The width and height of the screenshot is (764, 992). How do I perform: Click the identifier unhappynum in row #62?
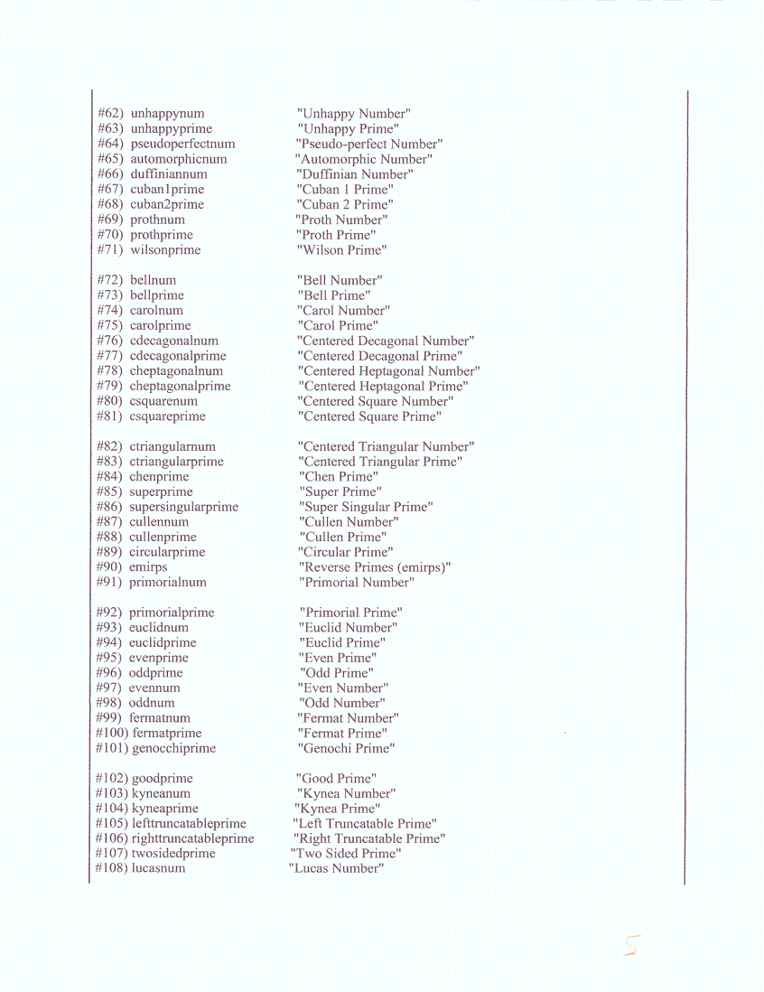click(167, 114)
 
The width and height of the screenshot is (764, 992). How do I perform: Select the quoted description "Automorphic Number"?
click(364, 159)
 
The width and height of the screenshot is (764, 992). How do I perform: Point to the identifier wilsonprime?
click(165, 250)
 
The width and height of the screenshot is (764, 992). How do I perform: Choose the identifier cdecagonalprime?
click(178, 356)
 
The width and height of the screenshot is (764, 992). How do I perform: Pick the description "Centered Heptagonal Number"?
click(388, 371)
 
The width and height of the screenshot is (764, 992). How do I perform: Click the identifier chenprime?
click(159, 477)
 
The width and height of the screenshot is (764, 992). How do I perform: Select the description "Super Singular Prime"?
click(366, 507)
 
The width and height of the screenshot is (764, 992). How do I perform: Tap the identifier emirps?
click(148, 567)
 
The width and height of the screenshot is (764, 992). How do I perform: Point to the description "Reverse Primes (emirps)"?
click(375, 567)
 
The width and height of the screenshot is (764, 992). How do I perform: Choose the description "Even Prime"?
click(338, 658)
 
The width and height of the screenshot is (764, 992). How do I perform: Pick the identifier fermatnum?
click(160, 718)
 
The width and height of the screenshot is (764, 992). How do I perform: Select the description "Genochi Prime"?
click(346, 748)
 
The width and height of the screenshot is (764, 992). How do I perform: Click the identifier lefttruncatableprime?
click(189, 824)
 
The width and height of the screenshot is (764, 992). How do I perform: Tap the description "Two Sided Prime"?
click(346, 854)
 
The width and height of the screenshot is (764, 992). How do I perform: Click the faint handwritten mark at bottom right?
click(631, 946)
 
